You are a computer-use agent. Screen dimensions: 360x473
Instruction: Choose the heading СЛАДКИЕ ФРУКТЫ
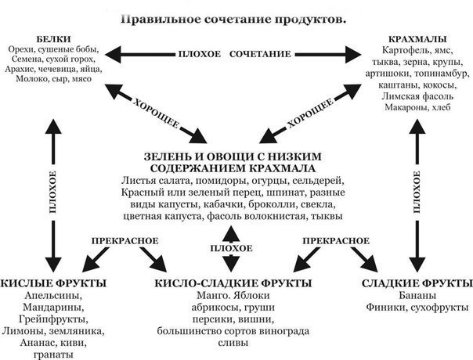pyautogui.click(x=417, y=283)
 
